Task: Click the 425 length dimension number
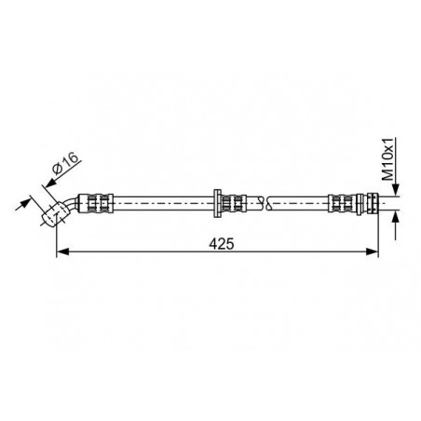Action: tap(222, 244)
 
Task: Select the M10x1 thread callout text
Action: tap(387, 159)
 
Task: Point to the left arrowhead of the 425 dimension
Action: tap(62, 251)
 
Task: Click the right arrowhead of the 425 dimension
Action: tap(373, 251)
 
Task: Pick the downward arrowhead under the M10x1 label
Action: tap(396, 190)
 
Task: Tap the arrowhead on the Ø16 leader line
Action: tap(50, 183)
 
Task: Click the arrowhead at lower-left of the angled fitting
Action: tap(26, 202)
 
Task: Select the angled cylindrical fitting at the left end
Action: tap(55, 213)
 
